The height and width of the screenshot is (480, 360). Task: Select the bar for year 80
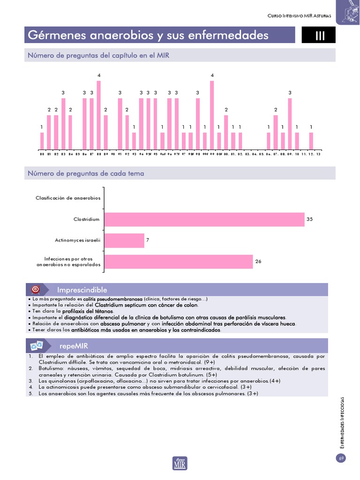tap(42, 141)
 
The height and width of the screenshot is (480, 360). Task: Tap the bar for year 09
tap(290, 124)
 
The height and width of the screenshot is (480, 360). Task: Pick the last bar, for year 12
tap(311, 141)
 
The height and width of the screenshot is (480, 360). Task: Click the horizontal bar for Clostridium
tap(204, 219)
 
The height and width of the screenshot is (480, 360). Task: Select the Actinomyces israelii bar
tap(124, 240)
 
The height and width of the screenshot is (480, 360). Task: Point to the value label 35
tap(309, 219)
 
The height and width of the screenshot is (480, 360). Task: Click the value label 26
tap(258, 262)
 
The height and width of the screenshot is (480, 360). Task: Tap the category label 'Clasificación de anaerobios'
tap(68, 198)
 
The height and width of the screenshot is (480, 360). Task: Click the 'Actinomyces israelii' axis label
tap(78, 240)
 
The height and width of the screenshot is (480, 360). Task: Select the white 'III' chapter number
tap(320, 36)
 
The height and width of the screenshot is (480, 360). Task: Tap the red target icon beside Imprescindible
tap(36, 290)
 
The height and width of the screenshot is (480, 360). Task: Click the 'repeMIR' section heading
tap(74, 346)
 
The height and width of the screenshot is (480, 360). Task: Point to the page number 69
tap(341, 458)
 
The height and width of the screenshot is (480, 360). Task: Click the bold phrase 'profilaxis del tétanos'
tap(91, 311)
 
